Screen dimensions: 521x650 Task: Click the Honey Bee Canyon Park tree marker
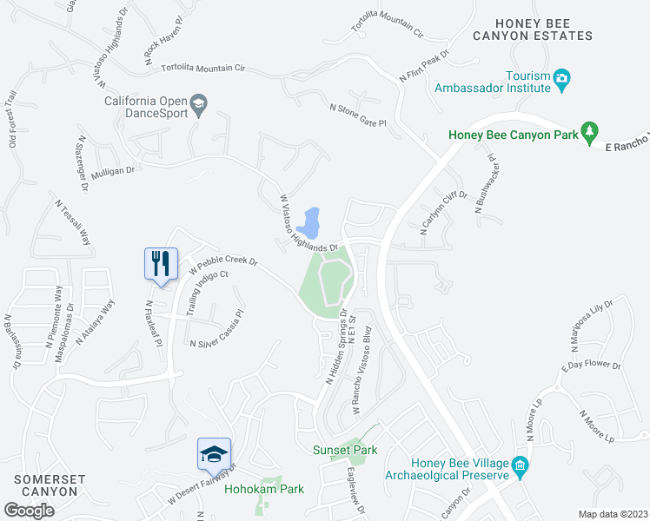[590, 130]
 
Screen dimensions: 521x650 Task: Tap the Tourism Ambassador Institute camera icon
[561, 79]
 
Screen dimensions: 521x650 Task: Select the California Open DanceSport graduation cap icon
[199, 104]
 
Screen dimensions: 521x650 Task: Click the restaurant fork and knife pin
[160, 263]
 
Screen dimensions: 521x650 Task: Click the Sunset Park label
[345, 450]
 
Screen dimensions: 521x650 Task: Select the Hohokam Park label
[264, 489]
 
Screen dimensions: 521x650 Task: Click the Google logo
[29, 511]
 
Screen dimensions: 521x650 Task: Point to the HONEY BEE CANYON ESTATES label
[533, 29]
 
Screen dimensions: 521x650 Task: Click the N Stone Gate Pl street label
[356, 115]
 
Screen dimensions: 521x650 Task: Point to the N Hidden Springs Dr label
[336, 346]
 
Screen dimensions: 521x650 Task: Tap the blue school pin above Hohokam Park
[214, 454]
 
